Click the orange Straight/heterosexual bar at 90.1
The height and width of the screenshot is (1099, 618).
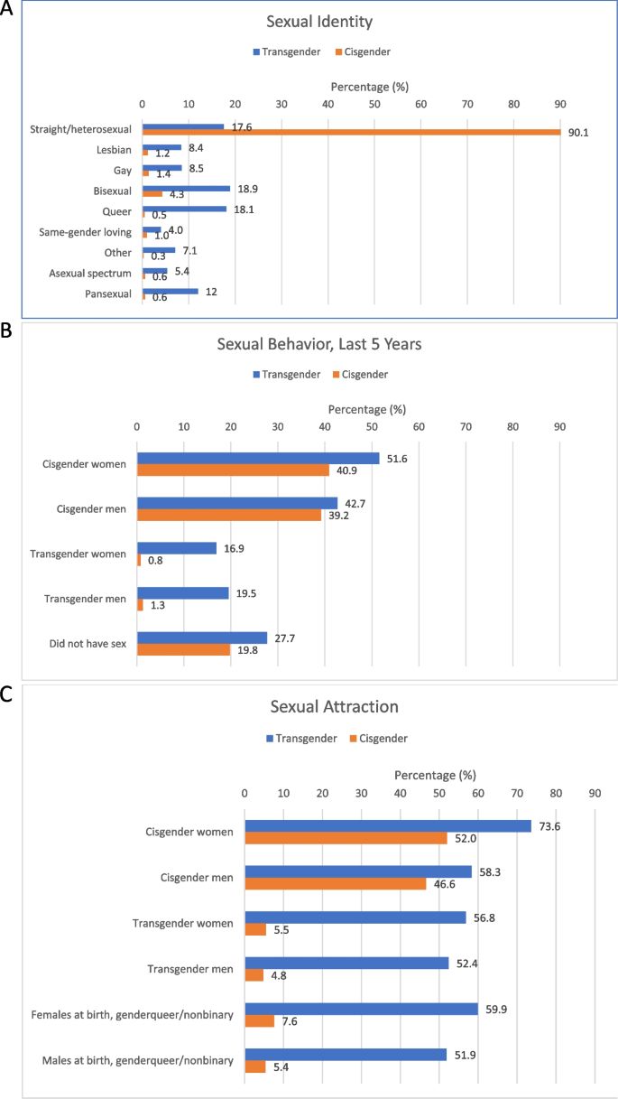coord(351,133)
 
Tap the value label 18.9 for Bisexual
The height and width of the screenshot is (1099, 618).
coord(244,189)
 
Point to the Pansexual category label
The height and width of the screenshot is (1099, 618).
coord(106,293)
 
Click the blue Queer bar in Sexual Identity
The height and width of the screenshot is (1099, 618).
coord(184,209)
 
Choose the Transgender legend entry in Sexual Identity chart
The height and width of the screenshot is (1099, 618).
coord(284,51)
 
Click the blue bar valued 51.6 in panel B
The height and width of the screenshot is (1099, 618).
coord(258,458)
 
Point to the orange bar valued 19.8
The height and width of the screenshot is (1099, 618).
coord(183,648)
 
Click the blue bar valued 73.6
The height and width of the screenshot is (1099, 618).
coord(388,825)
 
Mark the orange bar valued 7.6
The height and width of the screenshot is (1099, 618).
coord(260,1020)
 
